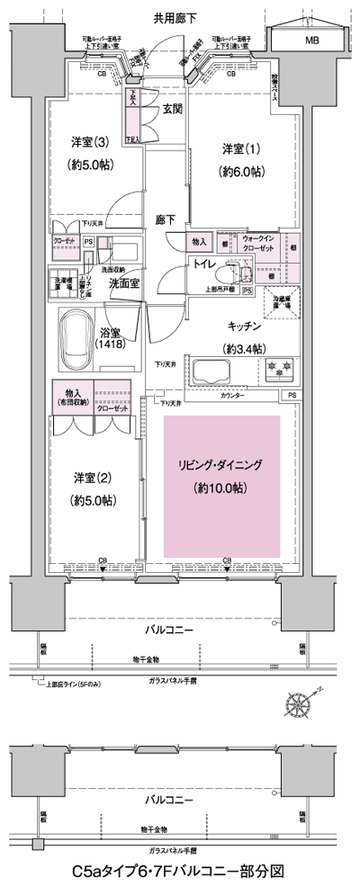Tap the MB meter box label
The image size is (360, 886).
[310, 41]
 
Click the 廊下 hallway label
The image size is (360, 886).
[165, 219]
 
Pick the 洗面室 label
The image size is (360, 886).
[123, 283]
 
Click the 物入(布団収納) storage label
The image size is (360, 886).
[70, 397]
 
